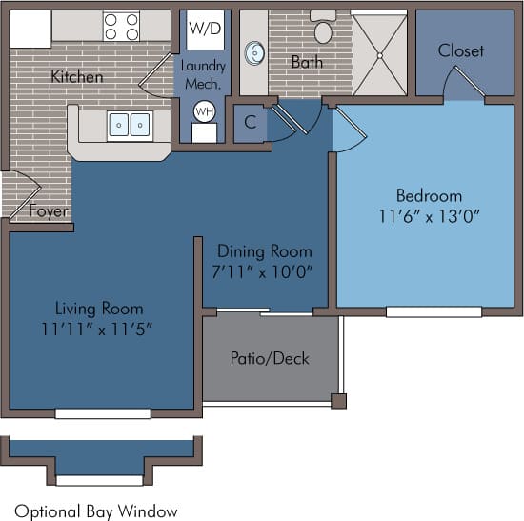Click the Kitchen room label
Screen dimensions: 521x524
pos(77,76)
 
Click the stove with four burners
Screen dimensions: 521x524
pos(121,26)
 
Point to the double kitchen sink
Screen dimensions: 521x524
pos(130,125)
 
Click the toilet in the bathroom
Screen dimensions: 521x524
pos(323,30)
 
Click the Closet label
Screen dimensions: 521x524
pos(461,50)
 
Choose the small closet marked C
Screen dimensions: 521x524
pos(251,123)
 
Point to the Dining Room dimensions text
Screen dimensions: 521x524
pos(265,271)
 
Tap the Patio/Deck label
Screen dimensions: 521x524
pos(270,358)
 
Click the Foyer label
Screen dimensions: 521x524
pos(48,210)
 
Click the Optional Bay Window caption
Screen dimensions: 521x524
pos(95,510)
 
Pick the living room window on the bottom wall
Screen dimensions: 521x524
pos(103,412)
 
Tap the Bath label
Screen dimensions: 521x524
pos(307,62)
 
